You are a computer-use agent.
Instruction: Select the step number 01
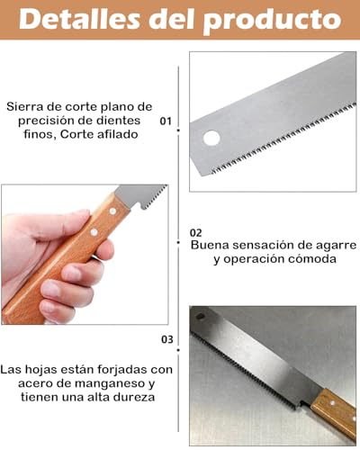[x=166, y=120]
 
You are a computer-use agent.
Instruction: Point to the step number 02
[x=196, y=232]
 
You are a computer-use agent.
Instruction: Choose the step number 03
[x=166, y=339]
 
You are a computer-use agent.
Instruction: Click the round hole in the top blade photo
[x=211, y=139]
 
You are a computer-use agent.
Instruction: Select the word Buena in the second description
[x=211, y=243]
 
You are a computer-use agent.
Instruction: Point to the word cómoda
[x=310, y=258]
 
